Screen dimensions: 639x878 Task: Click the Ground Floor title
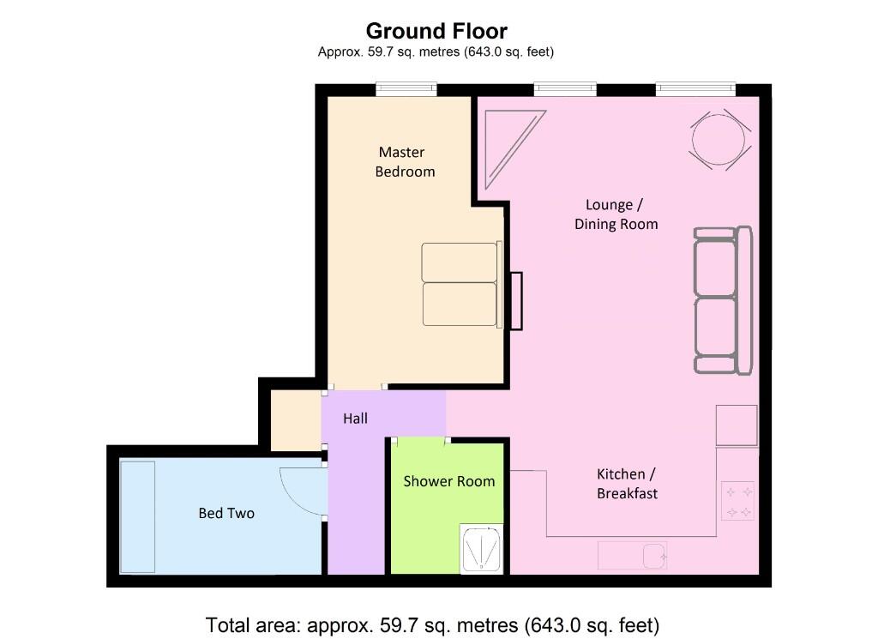(436, 32)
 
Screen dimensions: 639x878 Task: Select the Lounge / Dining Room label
(616, 214)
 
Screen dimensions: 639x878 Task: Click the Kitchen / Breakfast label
(627, 484)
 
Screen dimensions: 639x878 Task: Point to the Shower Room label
(449, 481)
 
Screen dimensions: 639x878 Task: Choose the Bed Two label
(226, 513)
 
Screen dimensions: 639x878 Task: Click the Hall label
(355, 419)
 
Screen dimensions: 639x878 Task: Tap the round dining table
(719, 138)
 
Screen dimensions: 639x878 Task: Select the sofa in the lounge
(722, 300)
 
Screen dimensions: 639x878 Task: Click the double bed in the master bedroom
(460, 285)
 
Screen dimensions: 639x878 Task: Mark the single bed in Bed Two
(137, 516)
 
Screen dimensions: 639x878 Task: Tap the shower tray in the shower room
(481, 549)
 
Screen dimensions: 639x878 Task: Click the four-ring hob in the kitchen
(737, 502)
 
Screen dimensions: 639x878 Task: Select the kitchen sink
(632, 555)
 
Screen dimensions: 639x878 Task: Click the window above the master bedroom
(406, 88)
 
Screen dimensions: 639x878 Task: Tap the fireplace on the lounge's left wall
(514, 300)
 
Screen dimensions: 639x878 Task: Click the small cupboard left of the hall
(296, 420)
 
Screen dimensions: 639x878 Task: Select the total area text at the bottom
(432, 624)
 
